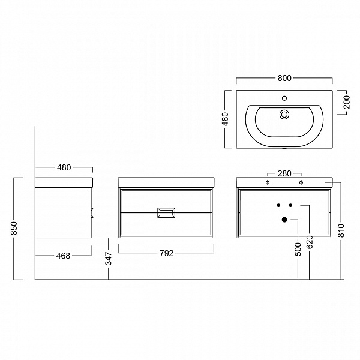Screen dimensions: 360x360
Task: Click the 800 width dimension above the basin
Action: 284,78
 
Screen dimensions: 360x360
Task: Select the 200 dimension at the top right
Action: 347,102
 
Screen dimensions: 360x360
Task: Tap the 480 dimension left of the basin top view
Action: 226,119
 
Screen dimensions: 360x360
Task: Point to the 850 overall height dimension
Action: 14,228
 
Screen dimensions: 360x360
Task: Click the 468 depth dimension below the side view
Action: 63,256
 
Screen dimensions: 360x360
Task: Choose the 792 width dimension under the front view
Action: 166,253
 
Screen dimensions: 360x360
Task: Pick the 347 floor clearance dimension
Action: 109,259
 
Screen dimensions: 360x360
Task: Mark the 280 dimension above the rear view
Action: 284,173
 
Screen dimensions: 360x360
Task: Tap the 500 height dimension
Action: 298,250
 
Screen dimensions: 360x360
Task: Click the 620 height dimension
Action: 310,242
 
